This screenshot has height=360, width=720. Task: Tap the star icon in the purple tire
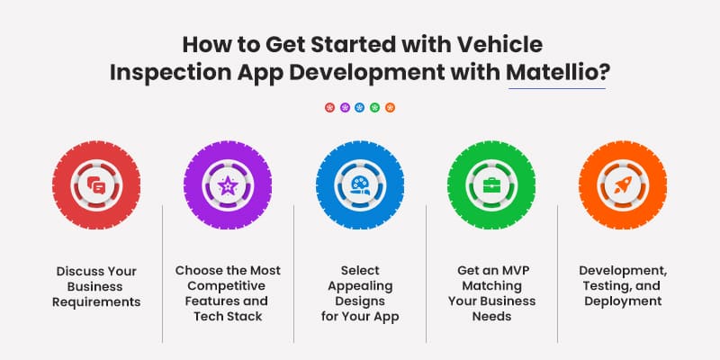(x=228, y=186)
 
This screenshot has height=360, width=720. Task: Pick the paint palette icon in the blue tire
(x=359, y=186)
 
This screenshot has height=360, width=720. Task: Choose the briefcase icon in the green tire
(x=491, y=186)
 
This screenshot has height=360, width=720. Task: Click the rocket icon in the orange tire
(x=623, y=186)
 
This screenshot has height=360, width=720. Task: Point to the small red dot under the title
(x=329, y=107)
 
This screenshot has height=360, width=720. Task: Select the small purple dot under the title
(x=345, y=107)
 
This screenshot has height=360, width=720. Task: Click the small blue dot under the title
(x=360, y=107)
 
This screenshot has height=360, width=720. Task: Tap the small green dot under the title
(x=375, y=107)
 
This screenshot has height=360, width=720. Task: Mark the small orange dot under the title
(x=390, y=107)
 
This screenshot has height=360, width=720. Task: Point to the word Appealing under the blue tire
(x=359, y=285)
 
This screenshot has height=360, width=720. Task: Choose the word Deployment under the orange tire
(x=623, y=301)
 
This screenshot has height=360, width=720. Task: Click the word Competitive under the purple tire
(x=228, y=285)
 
